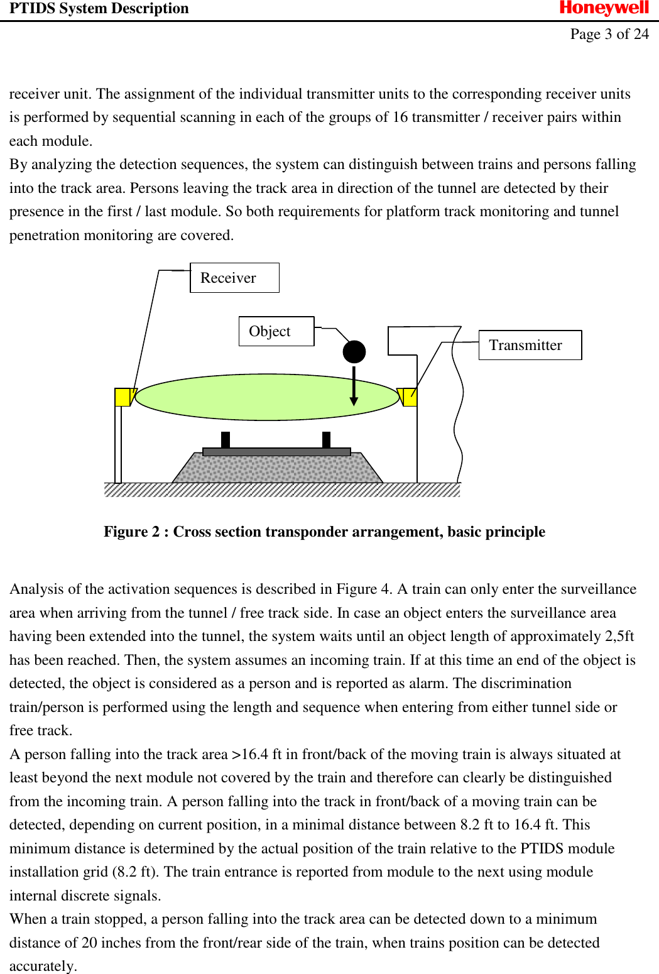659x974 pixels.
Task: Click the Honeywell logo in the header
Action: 604,8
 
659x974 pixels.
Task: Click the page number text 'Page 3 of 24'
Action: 609,34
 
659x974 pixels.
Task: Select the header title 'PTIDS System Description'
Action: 99,9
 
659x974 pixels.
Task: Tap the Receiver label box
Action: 234,278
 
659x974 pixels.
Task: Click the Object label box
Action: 276,331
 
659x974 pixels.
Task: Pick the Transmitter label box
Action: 530,345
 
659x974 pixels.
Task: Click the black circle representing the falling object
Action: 354,352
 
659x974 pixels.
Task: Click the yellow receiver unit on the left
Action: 122,397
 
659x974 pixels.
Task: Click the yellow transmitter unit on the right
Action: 410,397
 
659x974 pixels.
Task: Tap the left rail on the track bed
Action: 226,439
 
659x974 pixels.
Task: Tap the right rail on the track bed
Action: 326,439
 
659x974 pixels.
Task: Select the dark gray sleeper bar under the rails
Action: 276,452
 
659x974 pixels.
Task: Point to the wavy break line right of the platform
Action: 458,408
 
